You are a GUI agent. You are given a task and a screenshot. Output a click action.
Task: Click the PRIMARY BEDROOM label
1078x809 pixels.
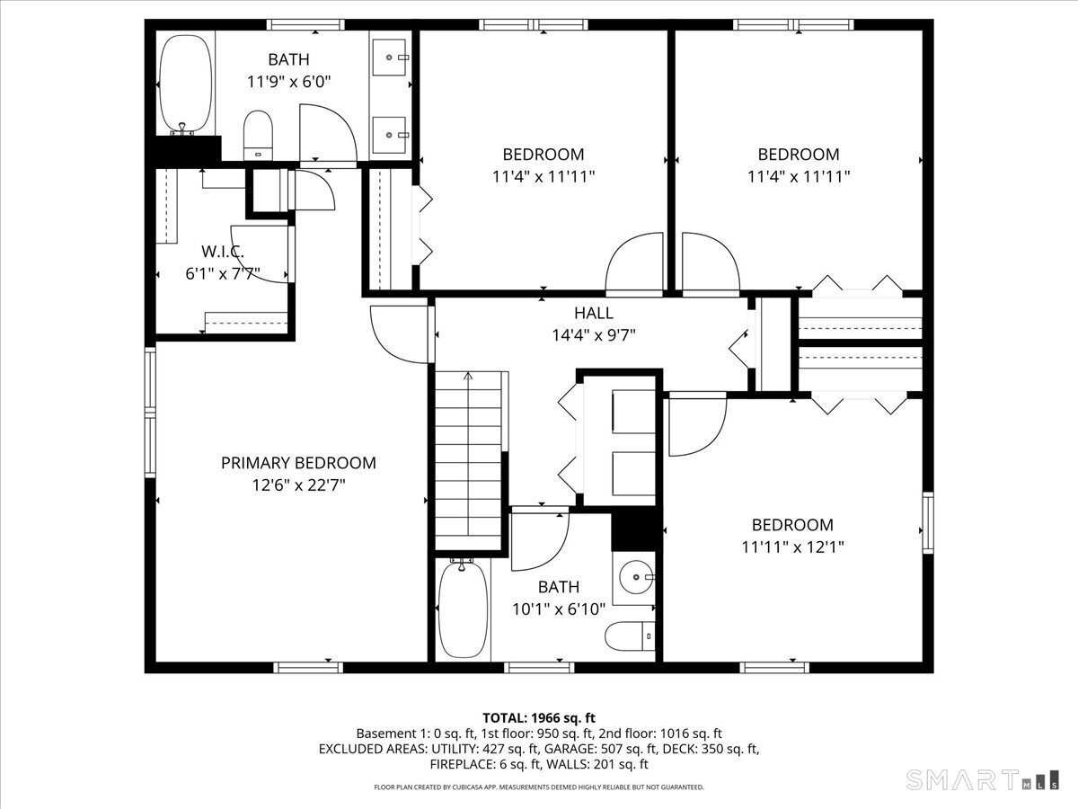[298, 463]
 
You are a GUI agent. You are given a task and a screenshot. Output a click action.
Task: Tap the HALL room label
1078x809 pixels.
[594, 313]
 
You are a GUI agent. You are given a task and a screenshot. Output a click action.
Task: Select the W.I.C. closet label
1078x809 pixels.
[222, 253]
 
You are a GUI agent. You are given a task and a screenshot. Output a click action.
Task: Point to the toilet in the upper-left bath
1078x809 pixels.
[259, 135]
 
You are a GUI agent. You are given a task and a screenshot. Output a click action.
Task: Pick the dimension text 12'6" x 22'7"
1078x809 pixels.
[298, 485]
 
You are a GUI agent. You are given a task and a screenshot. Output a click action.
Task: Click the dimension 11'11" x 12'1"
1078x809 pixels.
[792, 547]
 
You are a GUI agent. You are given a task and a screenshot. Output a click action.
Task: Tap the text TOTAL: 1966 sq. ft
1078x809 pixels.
[539, 717]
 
